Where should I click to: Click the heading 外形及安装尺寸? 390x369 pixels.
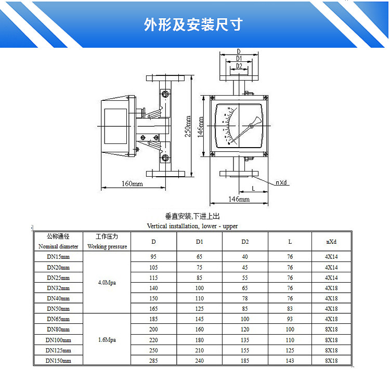193,25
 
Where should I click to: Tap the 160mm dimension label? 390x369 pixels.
132,183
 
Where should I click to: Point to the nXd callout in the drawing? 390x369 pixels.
282,182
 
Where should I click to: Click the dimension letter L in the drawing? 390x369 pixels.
253,188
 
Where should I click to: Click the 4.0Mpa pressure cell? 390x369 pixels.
107,283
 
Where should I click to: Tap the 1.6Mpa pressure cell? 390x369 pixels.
107,340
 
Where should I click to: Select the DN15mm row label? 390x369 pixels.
58,257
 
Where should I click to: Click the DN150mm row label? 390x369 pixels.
58,361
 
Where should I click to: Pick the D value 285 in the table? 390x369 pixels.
153,361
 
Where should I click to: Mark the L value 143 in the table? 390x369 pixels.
290,361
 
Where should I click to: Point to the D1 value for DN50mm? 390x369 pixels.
200,309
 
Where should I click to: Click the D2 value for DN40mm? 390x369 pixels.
245,298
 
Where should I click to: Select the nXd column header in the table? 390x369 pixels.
332,242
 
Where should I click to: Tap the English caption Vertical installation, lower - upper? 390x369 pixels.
192,226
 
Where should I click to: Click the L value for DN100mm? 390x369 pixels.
290,340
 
